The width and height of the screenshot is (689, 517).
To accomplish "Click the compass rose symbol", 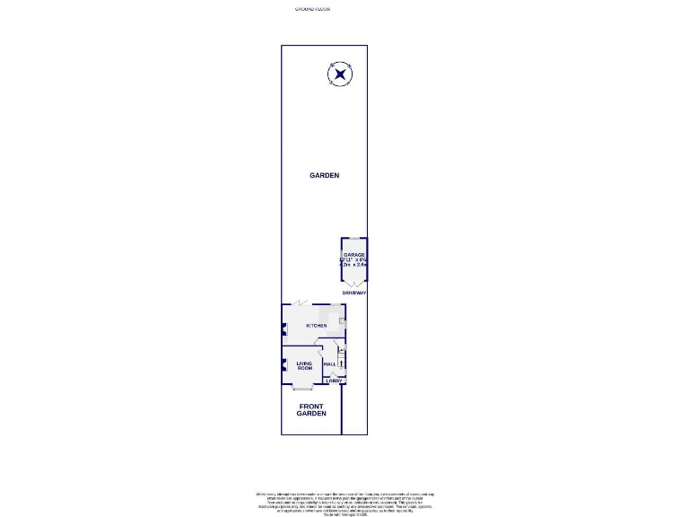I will tap(340, 74).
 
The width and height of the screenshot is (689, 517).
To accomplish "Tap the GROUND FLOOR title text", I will tap(312, 9).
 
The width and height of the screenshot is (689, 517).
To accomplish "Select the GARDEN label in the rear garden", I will tap(324, 176).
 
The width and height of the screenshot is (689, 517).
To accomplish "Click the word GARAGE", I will tap(353, 256).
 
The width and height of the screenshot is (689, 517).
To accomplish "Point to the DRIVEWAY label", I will tap(353, 294).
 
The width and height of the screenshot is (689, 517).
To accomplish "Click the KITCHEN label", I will tap(316, 326).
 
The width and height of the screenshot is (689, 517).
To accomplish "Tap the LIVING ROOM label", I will tap(304, 366).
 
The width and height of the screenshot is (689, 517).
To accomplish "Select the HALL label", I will tap(329, 364).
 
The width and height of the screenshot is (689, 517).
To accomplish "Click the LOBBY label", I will tap(334, 381).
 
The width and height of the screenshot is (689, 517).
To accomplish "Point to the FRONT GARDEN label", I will tap(311, 409).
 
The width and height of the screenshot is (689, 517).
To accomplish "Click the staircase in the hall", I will tap(341, 361).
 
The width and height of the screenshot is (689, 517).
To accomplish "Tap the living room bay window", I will tap(302, 388).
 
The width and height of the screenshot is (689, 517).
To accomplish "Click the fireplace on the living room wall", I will tap(284, 365).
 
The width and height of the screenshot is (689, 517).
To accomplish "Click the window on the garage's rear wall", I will tap(353, 238).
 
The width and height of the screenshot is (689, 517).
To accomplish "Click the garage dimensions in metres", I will tap(353, 265).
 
